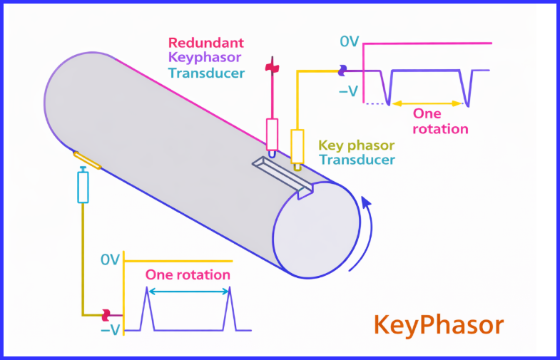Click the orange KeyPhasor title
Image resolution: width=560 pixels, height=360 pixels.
click(x=438, y=325)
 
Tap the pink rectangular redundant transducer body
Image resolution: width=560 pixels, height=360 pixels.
click(x=272, y=133)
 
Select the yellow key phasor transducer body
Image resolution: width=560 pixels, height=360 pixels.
click(x=297, y=145)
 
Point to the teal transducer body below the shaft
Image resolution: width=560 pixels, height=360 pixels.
click(x=83, y=187)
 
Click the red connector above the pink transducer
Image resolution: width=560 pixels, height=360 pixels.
click(x=271, y=68)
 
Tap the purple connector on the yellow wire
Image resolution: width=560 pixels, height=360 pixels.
click(x=343, y=70)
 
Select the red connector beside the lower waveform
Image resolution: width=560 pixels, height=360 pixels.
click(x=106, y=314)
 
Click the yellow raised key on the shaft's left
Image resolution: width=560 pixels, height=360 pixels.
click(x=86, y=160)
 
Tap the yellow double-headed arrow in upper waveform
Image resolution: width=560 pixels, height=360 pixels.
click(x=428, y=103)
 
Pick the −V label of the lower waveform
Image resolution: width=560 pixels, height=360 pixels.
click(x=110, y=329)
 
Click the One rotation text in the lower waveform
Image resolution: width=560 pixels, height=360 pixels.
click(x=188, y=274)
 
